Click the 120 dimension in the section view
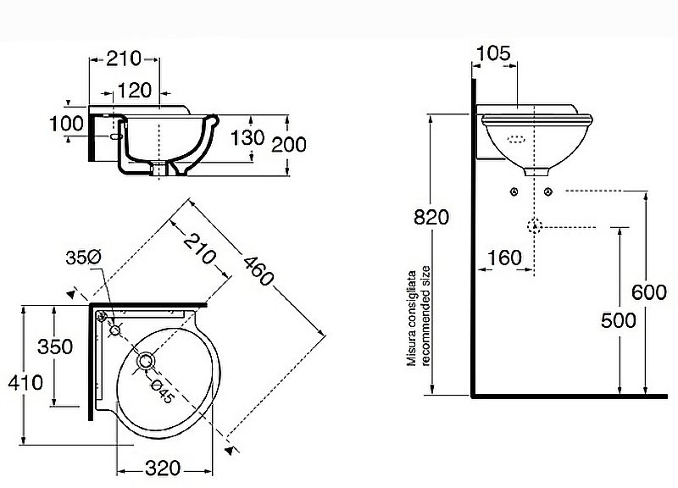click(135, 91)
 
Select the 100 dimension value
click(67, 124)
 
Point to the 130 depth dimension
click(247, 138)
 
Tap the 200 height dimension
click(289, 144)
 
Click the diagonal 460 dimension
click(258, 271)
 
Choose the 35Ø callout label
click(83, 258)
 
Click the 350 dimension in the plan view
click(55, 347)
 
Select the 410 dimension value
click(25, 383)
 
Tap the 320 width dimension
click(163, 469)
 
